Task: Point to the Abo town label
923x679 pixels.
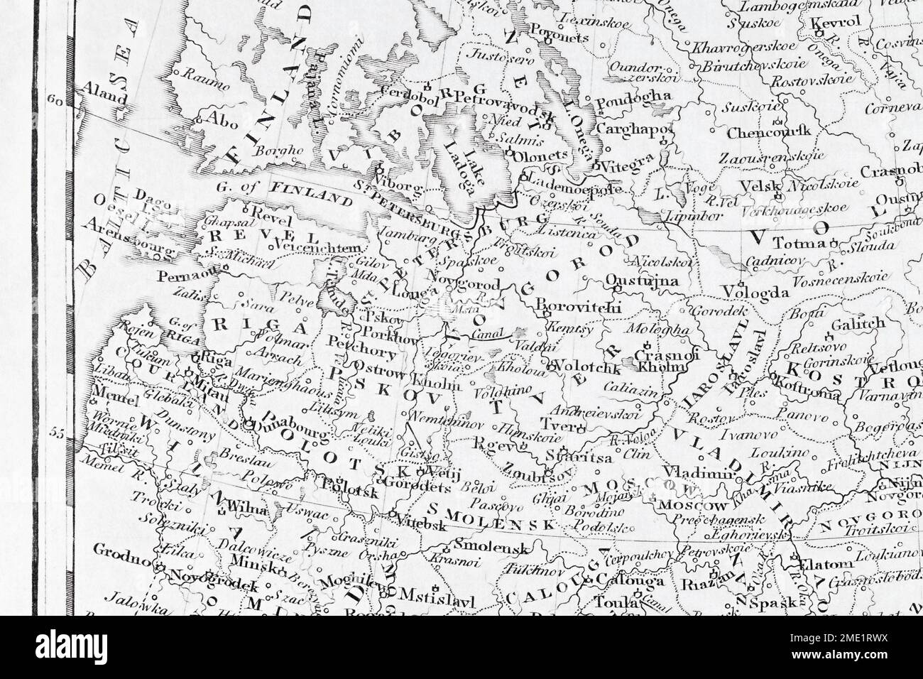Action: click(x=221, y=121)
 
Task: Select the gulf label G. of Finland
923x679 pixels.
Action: click(x=293, y=192)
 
